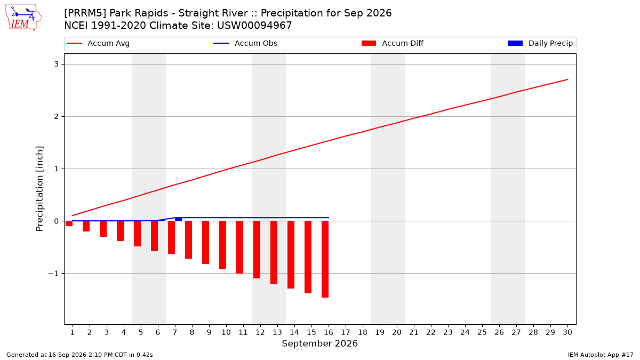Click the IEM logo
(23, 18)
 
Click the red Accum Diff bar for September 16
(325, 259)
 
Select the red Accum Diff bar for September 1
(69, 223)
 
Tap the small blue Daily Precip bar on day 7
(178, 219)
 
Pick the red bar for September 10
(222, 245)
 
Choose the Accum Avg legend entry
(98, 43)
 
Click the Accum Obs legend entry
(245, 43)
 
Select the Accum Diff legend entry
(393, 43)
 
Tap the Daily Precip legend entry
(540, 43)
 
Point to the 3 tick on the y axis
(57, 64)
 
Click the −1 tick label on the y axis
(53, 274)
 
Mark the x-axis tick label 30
(567, 332)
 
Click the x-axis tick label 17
(346, 332)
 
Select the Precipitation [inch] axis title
(39, 189)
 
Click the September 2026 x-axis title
(319, 343)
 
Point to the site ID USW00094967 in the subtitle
(254, 26)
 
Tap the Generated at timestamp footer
(79, 355)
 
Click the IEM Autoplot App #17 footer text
(601, 355)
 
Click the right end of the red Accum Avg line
(567, 79)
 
